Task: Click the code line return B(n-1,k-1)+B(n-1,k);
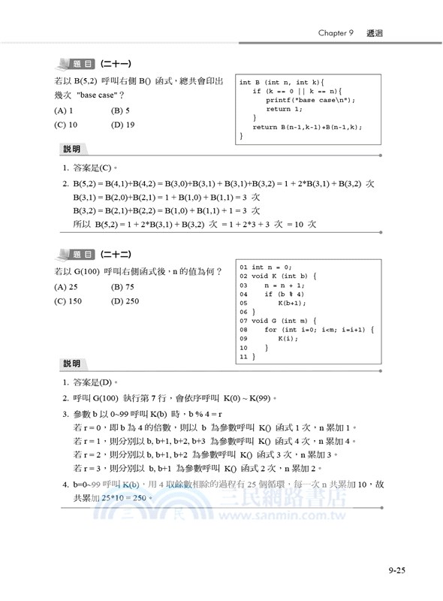[308, 127]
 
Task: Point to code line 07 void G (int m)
[277, 321]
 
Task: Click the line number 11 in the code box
[243, 357]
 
